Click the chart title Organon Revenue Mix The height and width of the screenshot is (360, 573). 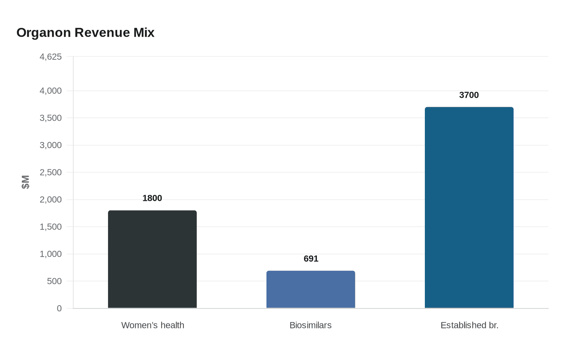[86, 33]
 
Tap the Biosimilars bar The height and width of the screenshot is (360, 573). [311, 289]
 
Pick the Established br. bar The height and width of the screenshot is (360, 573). [469, 207]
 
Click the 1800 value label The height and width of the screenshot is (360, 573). [152, 198]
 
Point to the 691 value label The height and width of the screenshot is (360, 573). [311, 259]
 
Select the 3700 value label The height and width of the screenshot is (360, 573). [469, 95]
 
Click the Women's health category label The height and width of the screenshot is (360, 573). [153, 325]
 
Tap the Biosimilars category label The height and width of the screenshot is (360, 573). [310, 325]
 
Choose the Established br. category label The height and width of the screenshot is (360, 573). [469, 325]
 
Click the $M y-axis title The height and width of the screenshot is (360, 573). [26, 182]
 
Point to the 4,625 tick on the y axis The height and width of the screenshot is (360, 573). [51, 57]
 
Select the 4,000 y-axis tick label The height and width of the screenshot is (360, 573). [51, 91]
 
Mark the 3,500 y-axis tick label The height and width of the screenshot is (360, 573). [51, 118]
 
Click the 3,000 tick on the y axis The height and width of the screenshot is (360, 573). [51, 145]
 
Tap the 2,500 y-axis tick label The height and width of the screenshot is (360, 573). [51, 173]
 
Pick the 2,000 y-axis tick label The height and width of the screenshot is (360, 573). [51, 200]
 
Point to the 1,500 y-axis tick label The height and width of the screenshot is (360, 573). [51, 227]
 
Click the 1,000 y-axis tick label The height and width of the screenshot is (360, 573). [51, 254]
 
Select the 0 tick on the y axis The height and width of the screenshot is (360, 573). [59, 308]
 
